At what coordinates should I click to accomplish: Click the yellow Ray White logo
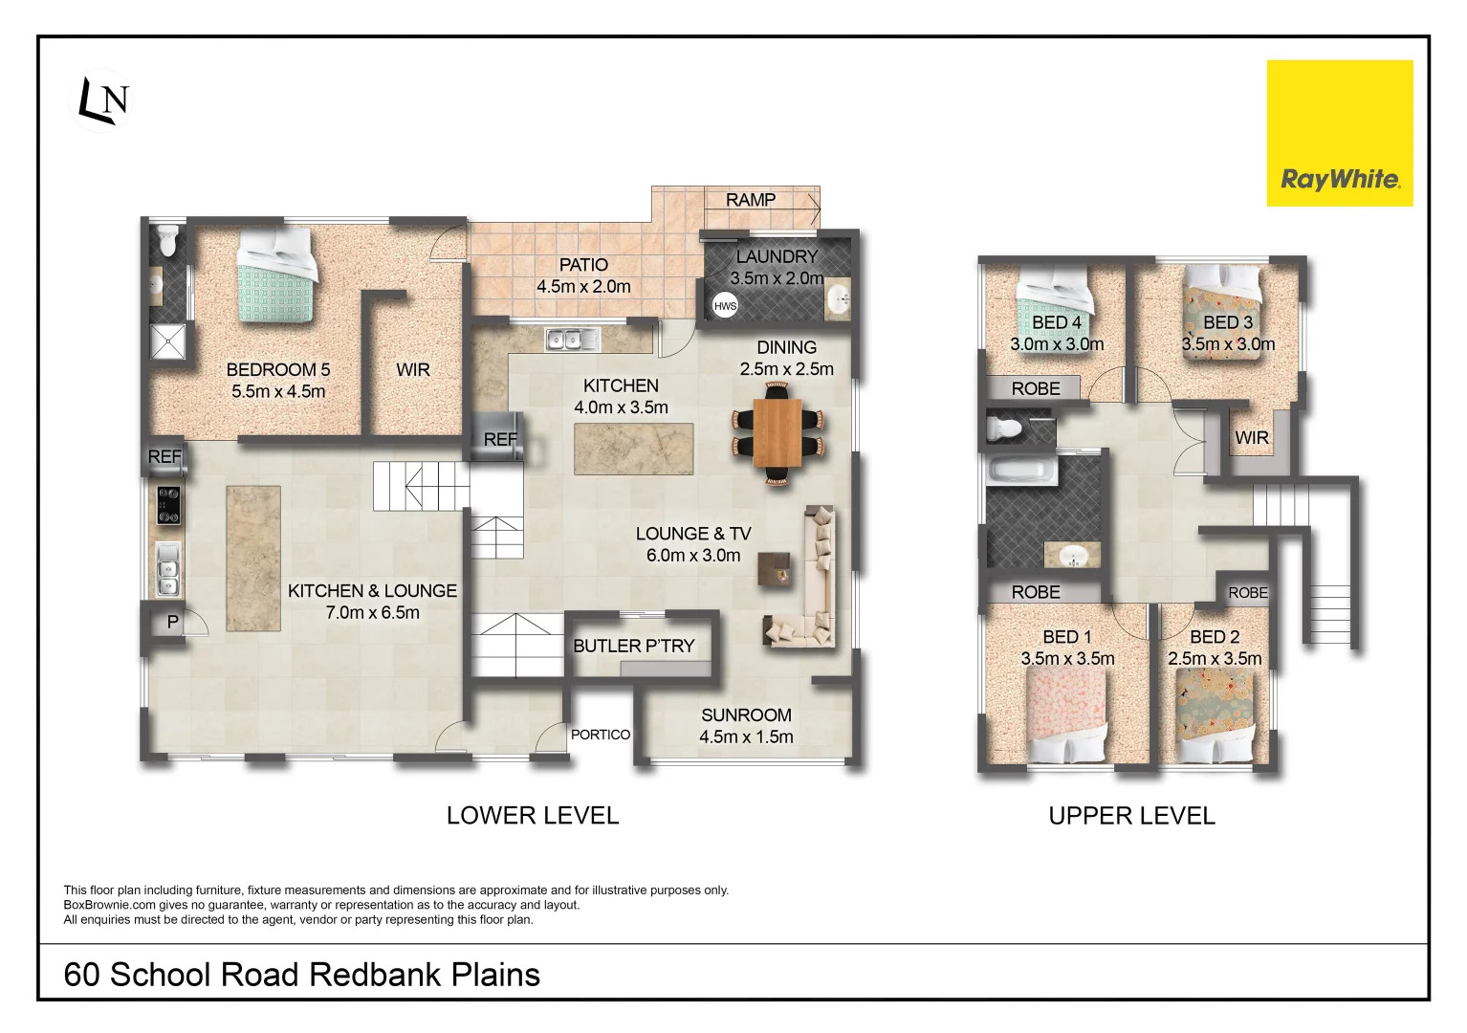[1339, 134]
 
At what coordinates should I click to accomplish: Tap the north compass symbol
[102, 99]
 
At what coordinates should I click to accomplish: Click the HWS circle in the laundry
[725, 306]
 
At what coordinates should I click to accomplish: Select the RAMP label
[751, 200]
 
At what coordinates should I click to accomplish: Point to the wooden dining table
[777, 432]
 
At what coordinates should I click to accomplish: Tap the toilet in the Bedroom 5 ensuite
[167, 240]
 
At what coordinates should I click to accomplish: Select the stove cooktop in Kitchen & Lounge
[168, 505]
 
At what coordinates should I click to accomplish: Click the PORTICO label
[601, 735]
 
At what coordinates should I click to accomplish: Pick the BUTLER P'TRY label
[633, 646]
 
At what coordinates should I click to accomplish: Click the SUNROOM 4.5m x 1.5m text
[746, 726]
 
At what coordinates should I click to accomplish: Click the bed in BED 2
[1215, 713]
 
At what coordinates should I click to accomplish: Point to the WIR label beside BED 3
[1251, 438]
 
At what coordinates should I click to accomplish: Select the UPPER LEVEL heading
[1131, 816]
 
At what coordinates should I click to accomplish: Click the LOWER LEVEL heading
[533, 816]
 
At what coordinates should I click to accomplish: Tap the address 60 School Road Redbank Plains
[301, 975]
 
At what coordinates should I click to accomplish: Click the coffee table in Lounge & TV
[775, 570]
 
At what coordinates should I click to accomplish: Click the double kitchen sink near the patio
[572, 339]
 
